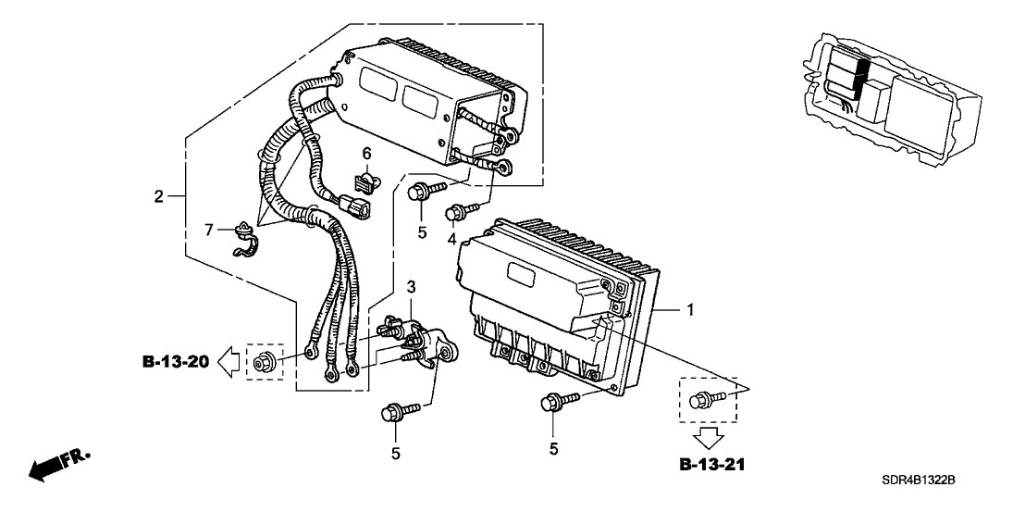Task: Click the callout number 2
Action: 158,196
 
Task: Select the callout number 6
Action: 366,153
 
